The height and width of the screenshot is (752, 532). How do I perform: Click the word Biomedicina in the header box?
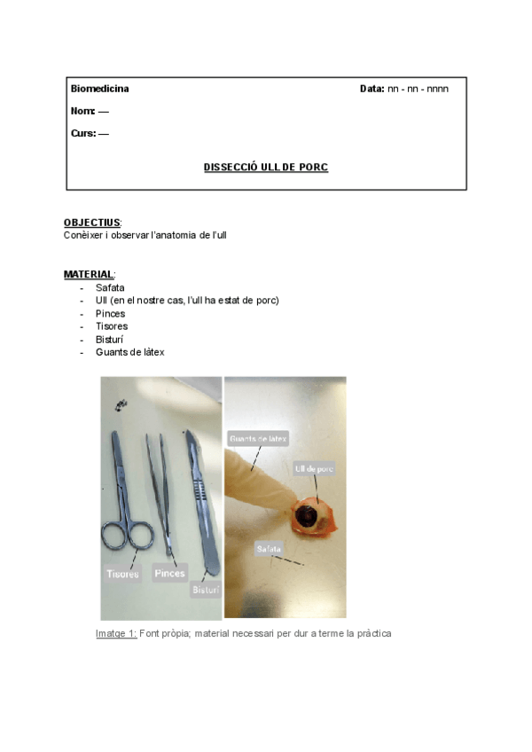point(99,89)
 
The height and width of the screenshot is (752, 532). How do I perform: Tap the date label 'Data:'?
point(372,89)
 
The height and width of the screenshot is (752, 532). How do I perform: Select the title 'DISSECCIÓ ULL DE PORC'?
point(266,167)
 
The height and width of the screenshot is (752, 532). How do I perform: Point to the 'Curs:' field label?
point(84,133)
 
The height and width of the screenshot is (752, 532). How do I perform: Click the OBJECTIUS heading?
point(92,223)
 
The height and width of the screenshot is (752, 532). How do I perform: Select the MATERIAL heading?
point(89,274)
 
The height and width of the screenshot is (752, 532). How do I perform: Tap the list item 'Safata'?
point(110,287)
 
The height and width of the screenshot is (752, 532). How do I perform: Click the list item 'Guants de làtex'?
point(129,352)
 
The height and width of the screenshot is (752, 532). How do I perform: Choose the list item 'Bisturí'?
point(110,339)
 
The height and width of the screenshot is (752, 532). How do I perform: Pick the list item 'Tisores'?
point(111,326)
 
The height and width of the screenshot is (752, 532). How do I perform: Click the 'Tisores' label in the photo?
point(123,574)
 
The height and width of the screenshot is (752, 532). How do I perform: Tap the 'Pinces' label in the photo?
point(169,573)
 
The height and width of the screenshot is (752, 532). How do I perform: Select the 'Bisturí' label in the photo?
point(206,589)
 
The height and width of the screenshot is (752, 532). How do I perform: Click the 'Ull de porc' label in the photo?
point(314,467)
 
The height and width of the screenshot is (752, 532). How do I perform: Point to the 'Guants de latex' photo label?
point(258,439)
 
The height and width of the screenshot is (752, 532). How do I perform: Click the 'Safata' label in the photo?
point(270,550)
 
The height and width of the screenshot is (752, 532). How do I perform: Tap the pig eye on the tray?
point(310,514)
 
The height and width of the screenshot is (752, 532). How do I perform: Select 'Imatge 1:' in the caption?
point(116,633)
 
